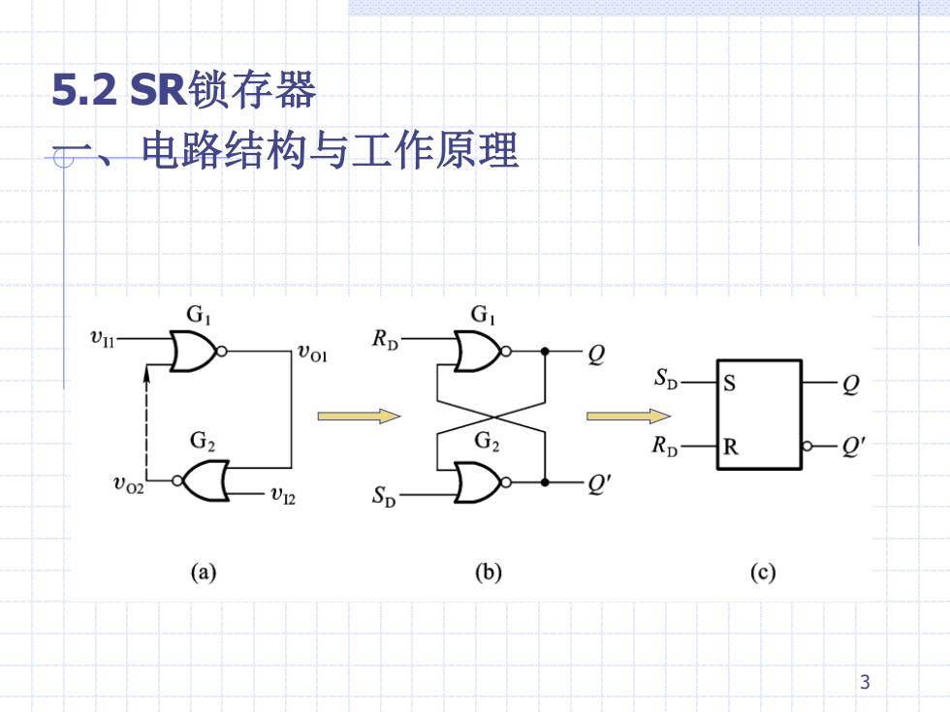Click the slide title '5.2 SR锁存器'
pos(184,89)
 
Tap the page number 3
pos(865,682)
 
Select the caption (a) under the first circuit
pos(203,573)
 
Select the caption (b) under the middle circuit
pos(489,573)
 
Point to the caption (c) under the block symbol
pos(762,573)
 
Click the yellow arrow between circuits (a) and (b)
pos(359,416)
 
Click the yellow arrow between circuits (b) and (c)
pos(628,416)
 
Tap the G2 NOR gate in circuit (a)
pos(202,480)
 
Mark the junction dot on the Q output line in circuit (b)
pos(545,351)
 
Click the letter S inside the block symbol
pos(729,384)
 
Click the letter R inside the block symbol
pos(731,447)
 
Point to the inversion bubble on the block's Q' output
pos(807,447)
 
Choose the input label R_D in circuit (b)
pos(386,340)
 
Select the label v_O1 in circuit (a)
pos(312,353)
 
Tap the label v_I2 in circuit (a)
pos(283,496)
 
